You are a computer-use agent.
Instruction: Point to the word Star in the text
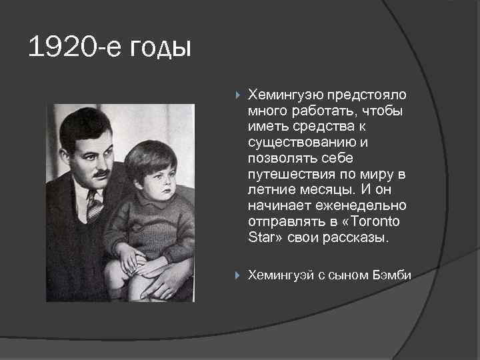point(260,238)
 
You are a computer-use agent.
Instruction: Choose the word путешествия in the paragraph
point(285,174)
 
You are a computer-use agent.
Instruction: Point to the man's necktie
point(94,205)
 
